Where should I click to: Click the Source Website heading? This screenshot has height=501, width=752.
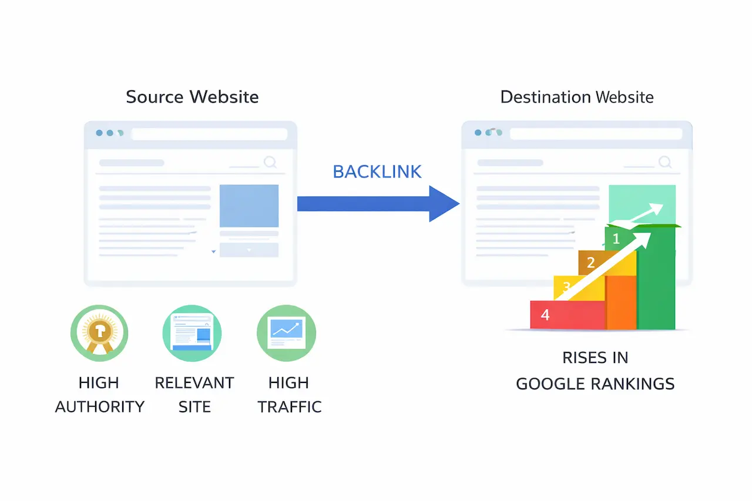pyautogui.click(x=192, y=97)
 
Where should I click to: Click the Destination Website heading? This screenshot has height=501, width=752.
pyautogui.click(x=576, y=97)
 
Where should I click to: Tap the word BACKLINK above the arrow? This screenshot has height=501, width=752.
pyautogui.click(x=377, y=172)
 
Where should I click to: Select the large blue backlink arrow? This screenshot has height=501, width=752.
pyautogui.click(x=377, y=204)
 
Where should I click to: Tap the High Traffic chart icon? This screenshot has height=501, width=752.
pyautogui.click(x=287, y=334)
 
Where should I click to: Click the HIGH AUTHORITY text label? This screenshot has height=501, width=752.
pyautogui.click(x=99, y=395)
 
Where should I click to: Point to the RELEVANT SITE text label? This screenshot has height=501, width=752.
pyautogui.click(x=194, y=395)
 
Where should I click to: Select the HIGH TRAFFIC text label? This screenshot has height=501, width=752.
pyautogui.click(x=289, y=395)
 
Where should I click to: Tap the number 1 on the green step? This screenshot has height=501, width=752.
pyautogui.click(x=616, y=239)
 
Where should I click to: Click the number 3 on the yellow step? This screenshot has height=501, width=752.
pyautogui.click(x=566, y=287)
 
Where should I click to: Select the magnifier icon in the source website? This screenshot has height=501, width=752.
pyautogui.click(x=270, y=163)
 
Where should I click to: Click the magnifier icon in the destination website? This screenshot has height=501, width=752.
pyautogui.click(x=665, y=163)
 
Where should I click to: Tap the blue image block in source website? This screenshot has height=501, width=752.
pyautogui.click(x=249, y=206)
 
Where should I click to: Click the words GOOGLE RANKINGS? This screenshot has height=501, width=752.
pyautogui.click(x=595, y=384)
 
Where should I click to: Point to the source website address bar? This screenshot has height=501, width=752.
pyautogui.click(x=209, y=134)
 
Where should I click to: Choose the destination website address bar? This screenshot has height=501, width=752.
pyautogui.click(x=596, y=134)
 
